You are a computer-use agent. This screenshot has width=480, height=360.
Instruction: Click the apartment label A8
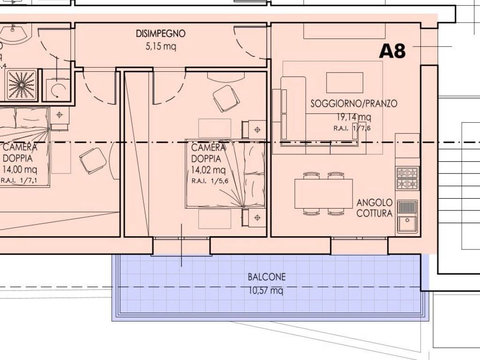point(392,51)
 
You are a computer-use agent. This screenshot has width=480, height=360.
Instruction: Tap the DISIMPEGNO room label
point(160,34)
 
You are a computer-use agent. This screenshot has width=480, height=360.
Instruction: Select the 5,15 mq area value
point(161,46)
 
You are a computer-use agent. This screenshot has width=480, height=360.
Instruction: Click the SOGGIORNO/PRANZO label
point(354,104)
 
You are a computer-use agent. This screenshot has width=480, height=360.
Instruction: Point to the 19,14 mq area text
point(354,117)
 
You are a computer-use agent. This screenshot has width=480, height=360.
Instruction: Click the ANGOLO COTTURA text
point(375,208)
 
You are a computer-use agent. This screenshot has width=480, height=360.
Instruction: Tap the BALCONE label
point(266,277)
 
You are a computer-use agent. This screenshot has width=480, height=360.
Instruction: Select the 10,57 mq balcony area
point(266,291)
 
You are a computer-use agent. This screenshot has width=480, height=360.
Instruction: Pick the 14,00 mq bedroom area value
point(19,169)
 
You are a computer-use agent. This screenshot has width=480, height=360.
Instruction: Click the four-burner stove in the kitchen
point(407,179)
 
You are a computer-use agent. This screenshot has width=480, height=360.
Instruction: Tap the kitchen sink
point(407,216)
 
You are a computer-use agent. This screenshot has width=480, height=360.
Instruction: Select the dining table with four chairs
point(323,194)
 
